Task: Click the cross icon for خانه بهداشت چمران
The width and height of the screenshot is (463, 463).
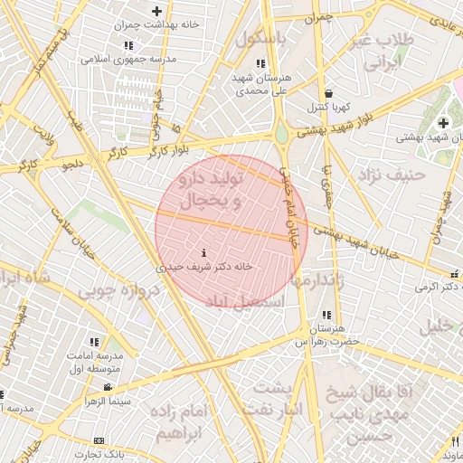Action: (x=157, y=12)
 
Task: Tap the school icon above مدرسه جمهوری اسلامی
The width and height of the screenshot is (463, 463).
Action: (x=128, y=45)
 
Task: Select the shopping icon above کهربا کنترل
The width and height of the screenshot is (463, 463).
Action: (x=327, y=93)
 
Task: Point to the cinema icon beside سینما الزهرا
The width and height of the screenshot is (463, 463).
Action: (x=109, y=387)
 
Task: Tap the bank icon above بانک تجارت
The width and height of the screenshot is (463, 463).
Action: (x=99, y=440)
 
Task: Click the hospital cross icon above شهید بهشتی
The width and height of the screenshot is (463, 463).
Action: (x=442, y=123)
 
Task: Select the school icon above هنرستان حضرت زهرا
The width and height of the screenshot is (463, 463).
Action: (x=326, y=314)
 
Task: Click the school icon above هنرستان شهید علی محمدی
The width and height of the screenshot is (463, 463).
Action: (x=260, y=64)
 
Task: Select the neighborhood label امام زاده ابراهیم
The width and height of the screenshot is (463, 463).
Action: (x=181, y=422)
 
